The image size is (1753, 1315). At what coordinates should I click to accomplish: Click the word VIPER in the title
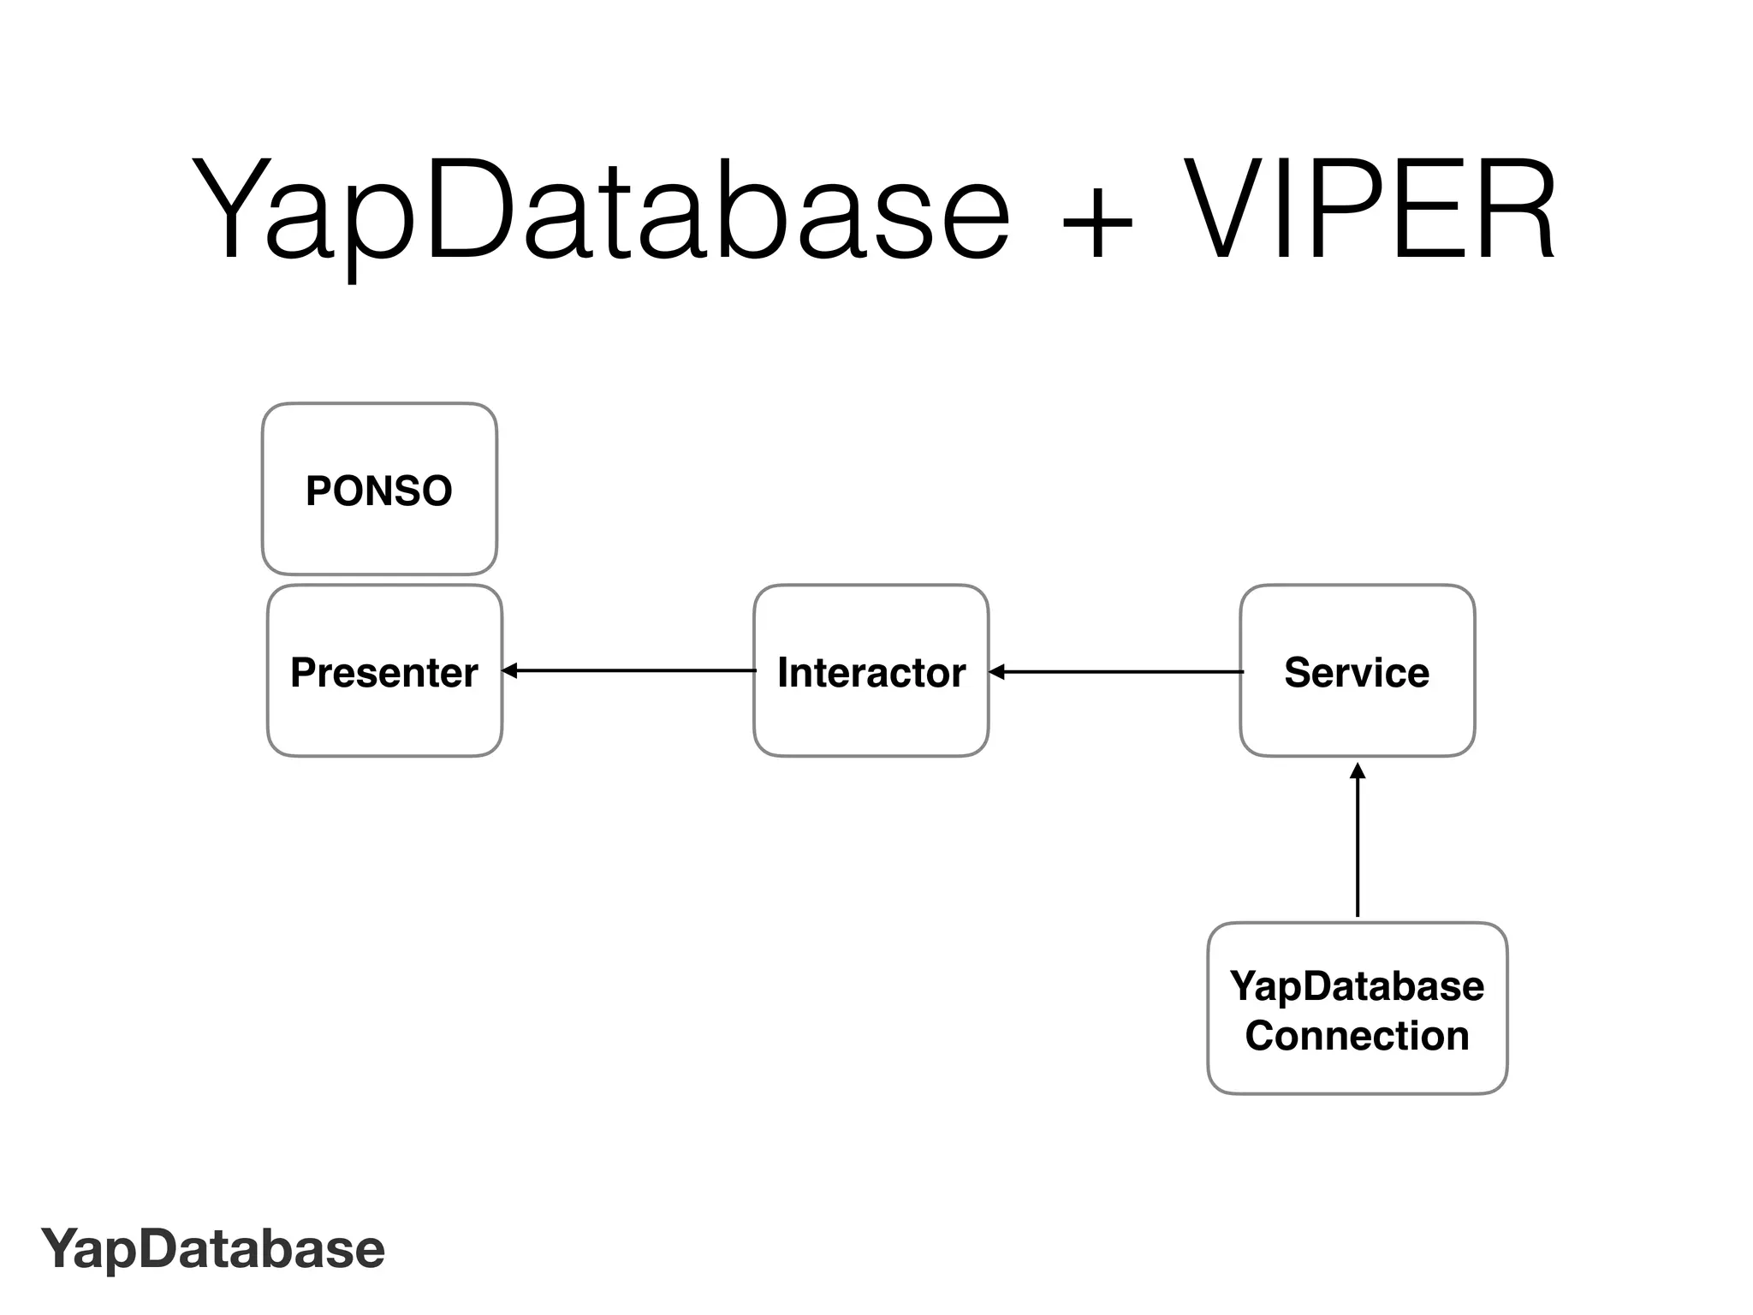(x=1370, y=210)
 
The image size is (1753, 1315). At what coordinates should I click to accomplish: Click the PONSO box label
(x=379, y=491)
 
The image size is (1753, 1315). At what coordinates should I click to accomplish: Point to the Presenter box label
(x=384, y=673)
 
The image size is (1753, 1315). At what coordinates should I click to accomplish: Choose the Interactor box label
(x=871, y=673)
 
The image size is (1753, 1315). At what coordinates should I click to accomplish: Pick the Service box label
(x=1357, y=673)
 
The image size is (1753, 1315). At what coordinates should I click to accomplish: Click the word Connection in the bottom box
(x=1357, y=1036)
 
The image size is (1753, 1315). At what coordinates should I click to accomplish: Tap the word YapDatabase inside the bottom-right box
(x=1357, y=986)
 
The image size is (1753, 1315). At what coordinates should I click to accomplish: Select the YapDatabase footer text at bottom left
(x=213, y=1249)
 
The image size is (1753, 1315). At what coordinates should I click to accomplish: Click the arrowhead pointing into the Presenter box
(x=509, y=671)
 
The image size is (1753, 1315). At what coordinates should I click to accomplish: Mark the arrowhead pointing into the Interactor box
(x=996, y=672)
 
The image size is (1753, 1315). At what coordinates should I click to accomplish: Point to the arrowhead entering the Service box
(x=1358, y=771)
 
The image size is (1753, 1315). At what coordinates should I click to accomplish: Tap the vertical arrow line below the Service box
(x=1358, y=848)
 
